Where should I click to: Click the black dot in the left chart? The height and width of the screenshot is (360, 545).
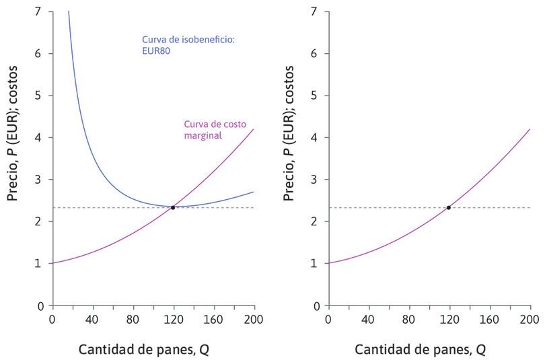point(173,207)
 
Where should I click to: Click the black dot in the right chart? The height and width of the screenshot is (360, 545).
point(449,207)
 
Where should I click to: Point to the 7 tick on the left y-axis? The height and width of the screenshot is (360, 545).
point(38,11)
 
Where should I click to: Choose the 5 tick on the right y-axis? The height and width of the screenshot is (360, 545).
point(314,96)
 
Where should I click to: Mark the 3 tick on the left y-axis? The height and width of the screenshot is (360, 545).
point(38,180)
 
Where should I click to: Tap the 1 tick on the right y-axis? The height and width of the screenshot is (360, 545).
point(314,263)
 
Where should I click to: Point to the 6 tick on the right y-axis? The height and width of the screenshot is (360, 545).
point(314,54)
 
